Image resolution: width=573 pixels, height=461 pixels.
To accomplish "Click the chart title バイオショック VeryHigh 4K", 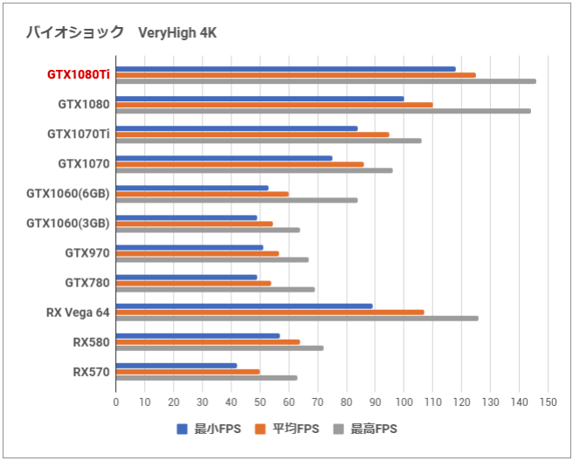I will point(121,33).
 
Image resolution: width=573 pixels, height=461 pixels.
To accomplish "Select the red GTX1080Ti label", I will point(79,75).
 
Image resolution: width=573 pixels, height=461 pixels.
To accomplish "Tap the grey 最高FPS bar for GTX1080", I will point(322,111).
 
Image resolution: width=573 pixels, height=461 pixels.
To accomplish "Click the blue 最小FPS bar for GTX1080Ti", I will point(285,69).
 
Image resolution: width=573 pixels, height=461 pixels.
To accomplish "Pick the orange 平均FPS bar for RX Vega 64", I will point(270,312).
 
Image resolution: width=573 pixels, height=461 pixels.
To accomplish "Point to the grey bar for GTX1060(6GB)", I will point(236,200).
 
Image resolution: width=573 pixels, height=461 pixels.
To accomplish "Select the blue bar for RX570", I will point(176,365).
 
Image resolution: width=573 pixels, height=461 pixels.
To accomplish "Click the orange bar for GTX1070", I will point(239,164).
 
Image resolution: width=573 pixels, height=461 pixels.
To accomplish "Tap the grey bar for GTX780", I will point(215,289).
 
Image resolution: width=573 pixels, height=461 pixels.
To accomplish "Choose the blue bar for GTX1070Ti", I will point(236,128).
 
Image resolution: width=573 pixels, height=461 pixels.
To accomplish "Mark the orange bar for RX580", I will point(207,341).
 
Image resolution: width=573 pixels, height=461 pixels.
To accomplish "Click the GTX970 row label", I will point(87,253).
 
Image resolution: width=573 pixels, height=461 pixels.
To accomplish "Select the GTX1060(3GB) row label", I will point(68,224).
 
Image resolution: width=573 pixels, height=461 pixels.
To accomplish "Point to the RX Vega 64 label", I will point(79,313).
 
